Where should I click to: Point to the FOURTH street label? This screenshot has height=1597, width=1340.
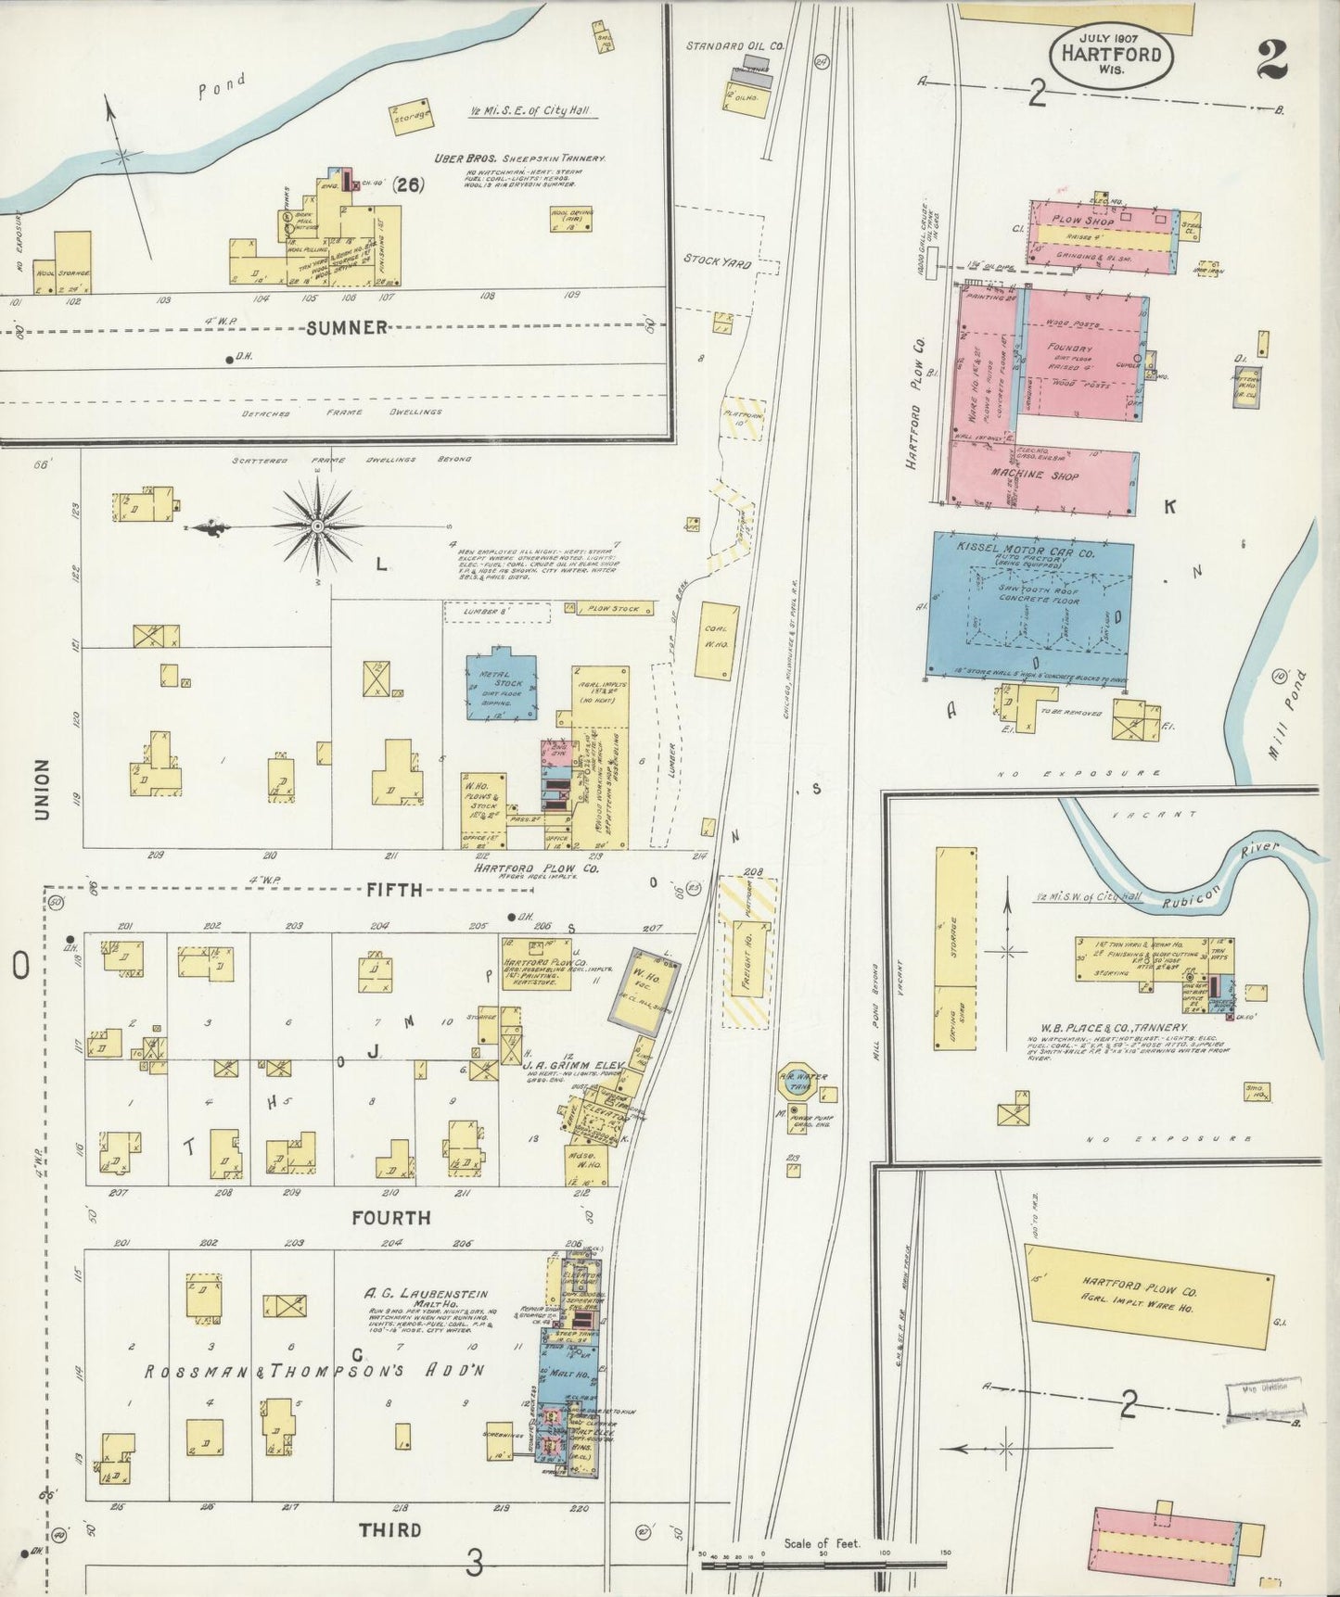[x=390, y=1217]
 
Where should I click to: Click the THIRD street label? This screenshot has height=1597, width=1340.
[x=390, y=1529]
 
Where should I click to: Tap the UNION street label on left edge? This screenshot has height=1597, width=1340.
[x=42, y=789]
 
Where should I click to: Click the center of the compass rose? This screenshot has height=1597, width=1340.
[x=316, y=526]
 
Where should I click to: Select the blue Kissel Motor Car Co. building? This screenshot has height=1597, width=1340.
[x=1030, y=607]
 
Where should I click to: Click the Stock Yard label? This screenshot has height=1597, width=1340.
[x=717, y=261]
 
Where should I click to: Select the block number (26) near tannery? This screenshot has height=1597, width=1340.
[x=407, y=184]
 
